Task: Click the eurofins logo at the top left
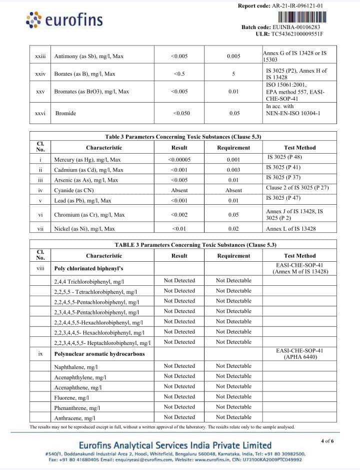(x=63, y=20)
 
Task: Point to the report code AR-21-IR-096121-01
(x=297, y=6)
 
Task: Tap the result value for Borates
(x=179, y=74)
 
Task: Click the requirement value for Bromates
(x=233, y=92)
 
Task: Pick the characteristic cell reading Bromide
(x=65, y=113)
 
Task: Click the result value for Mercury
(x=179, y=160)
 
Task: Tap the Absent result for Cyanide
(x=179, y=190)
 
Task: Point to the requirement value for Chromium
(x=233, y=215)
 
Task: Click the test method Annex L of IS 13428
(x=290, y=229)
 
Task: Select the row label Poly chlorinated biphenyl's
(x=88, y=268)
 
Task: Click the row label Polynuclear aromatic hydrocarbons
(x=99, y=354)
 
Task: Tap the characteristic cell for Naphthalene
(x=76, y=367)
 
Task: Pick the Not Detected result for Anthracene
(x=179, y=417)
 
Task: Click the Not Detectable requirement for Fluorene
(x=233, y=396)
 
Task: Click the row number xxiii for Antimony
(x=40, y=57)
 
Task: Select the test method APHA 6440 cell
(x=299, y=354)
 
